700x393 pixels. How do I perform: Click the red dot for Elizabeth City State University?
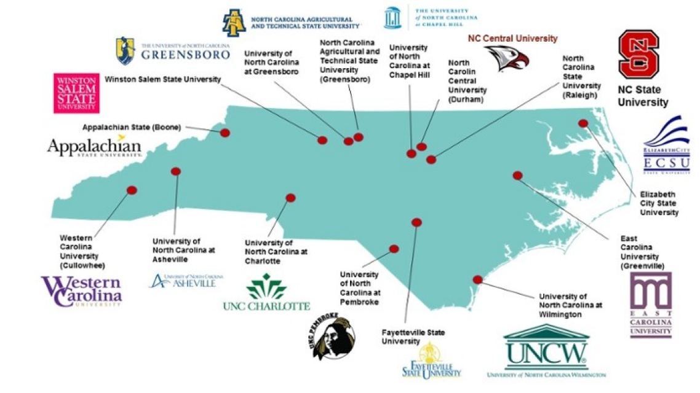583,123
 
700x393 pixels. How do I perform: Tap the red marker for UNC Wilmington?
477,279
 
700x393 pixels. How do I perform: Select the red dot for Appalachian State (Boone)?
225,133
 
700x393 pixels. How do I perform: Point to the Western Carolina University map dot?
131,190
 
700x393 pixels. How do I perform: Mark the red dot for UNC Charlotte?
290,198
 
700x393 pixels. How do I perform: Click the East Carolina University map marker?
517,176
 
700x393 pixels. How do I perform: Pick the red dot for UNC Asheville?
176,171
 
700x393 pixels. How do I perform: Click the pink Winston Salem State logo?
76,93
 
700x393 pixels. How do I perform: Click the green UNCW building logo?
546,351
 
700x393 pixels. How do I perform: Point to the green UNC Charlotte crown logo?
266,287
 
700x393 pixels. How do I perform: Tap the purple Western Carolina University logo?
82,291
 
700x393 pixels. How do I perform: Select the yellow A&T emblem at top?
234,23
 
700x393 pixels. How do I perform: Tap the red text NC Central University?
512,38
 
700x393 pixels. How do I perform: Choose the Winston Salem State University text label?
162,79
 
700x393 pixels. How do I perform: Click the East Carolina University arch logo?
651,305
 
